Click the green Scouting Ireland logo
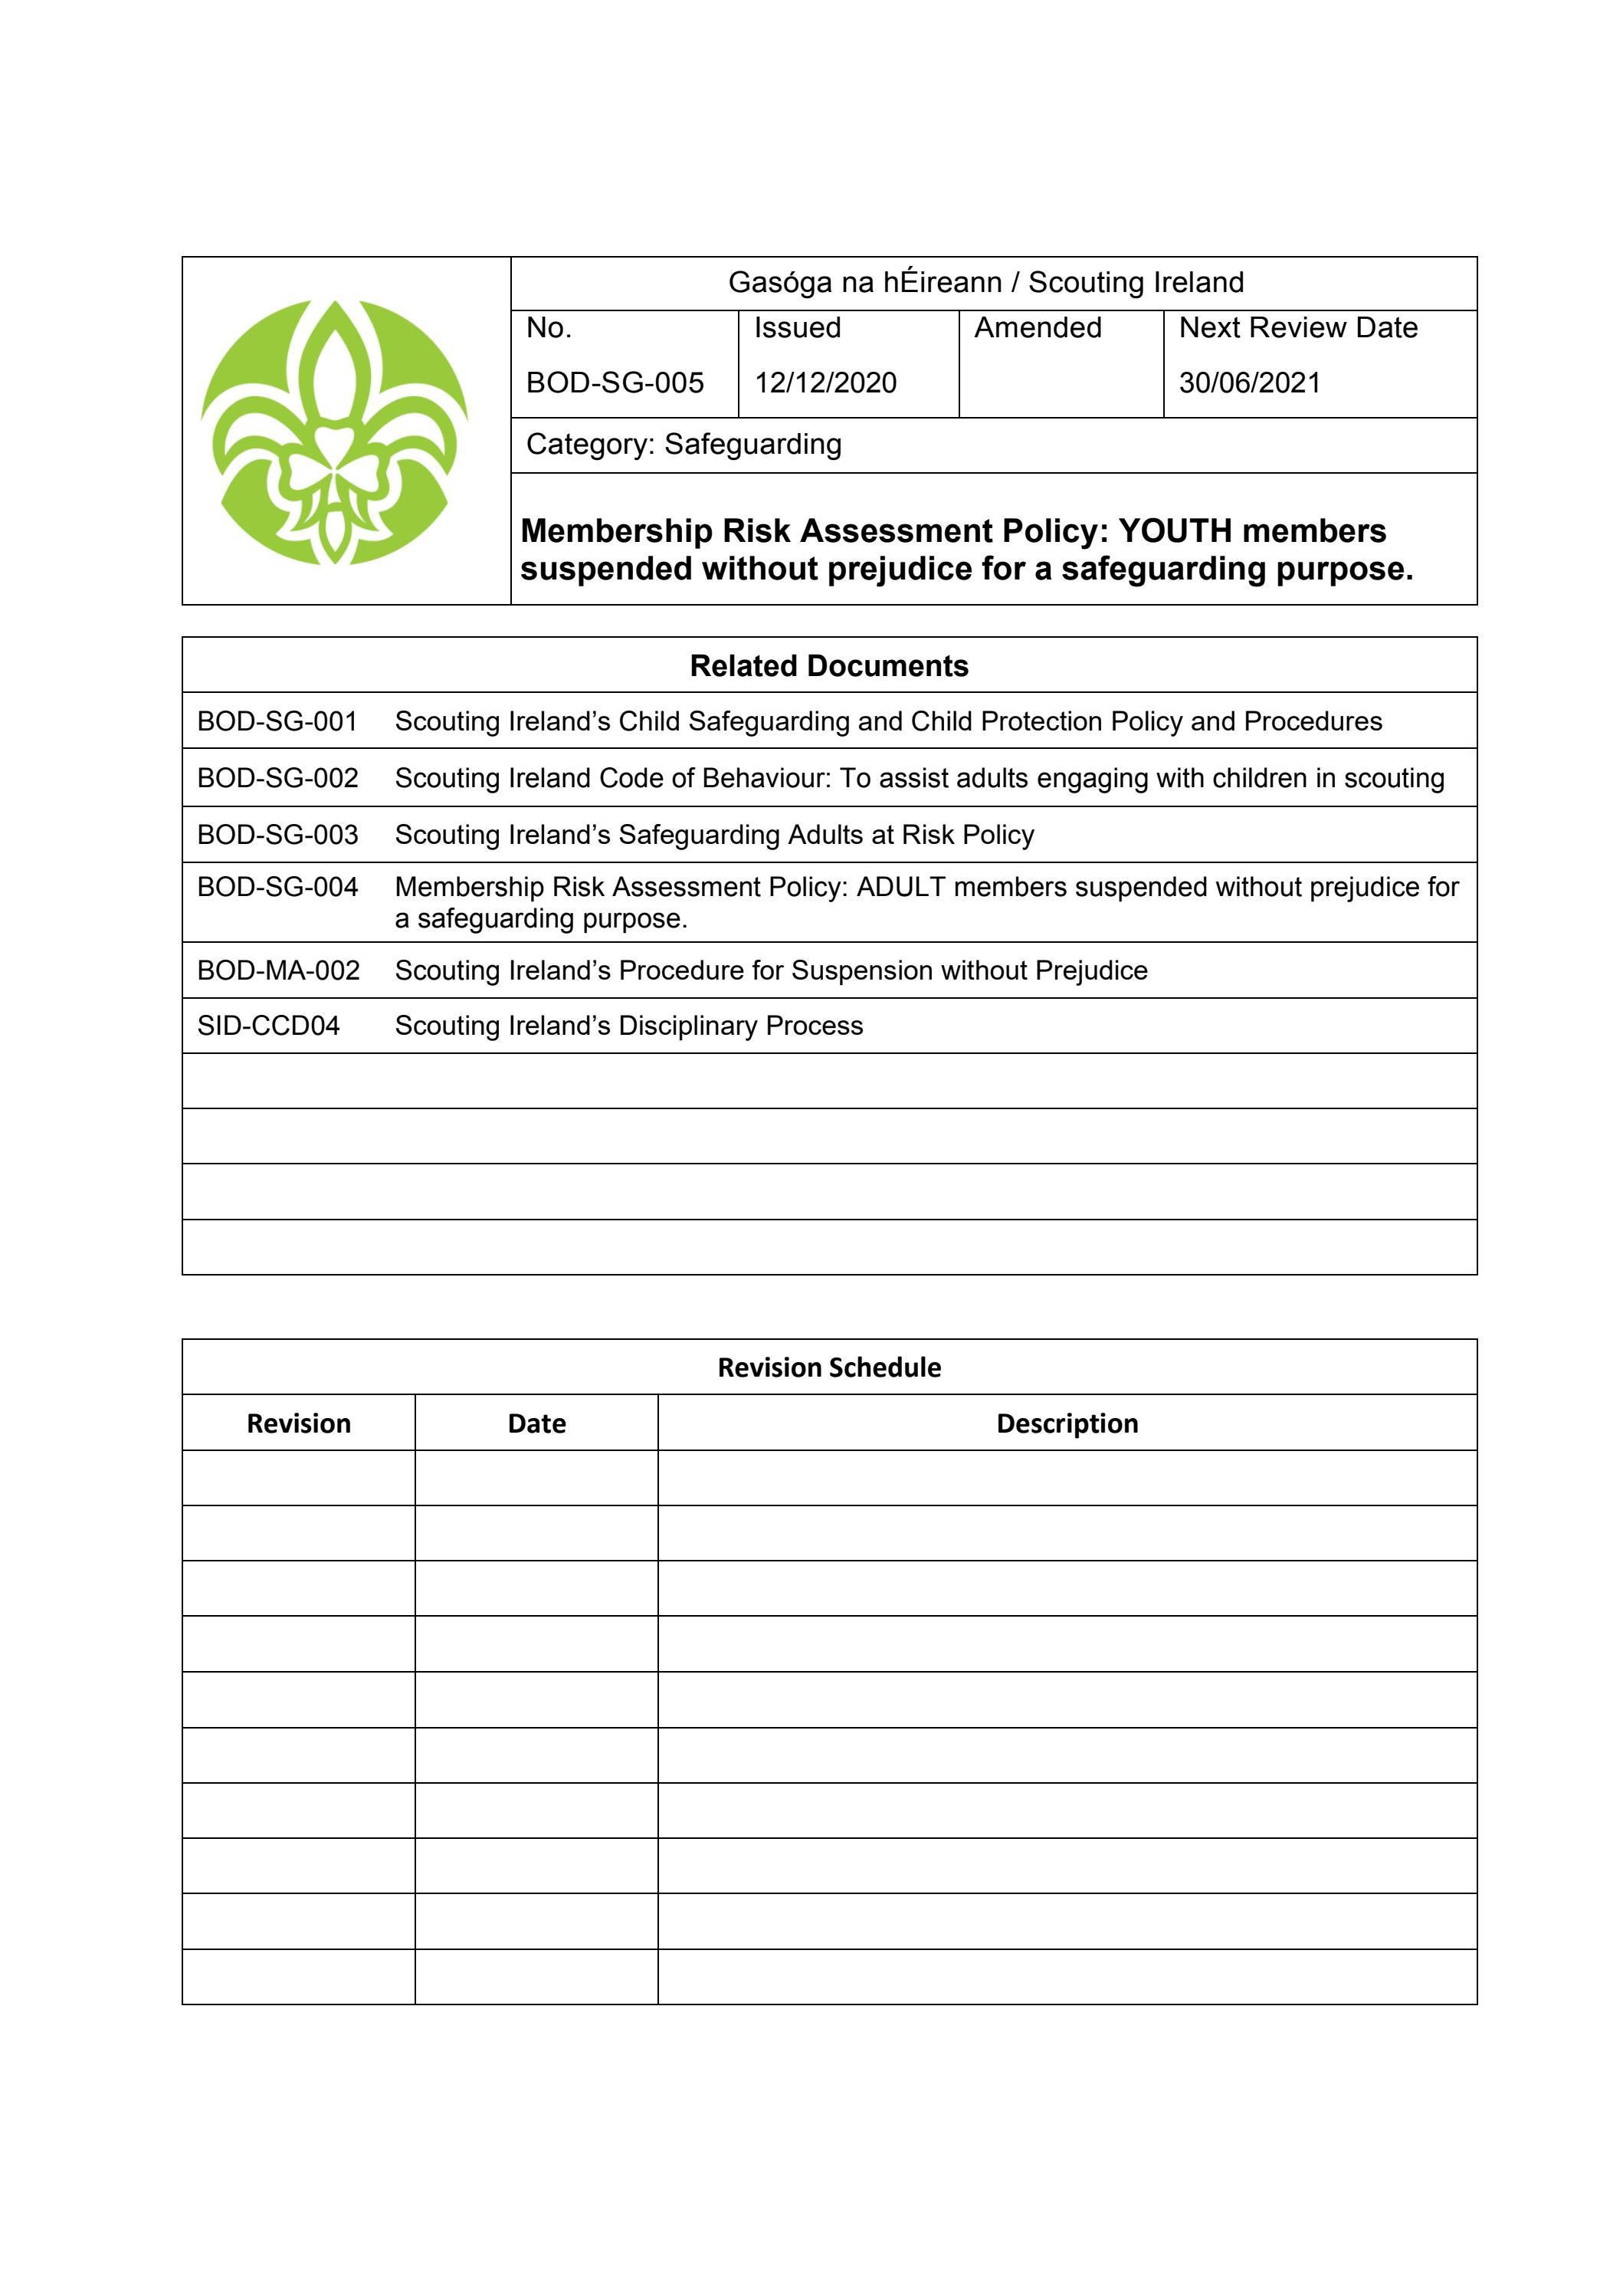pyautogui.click(x=335, y=432)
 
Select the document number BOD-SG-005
pyautogui.click(x=615, y=382)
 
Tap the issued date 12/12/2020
pyautogui.click(x=825, y=382)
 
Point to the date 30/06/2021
pyautogui.click(x=1249, y=382)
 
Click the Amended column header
pyautogui.click(x=1038, y=328)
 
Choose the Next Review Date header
pyautogui.click(x=1298, y=328)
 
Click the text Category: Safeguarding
pyautogui.click(x=684, y=444)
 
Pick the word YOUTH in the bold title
pyautogui.click(x=1175, y=530)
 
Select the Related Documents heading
pyautogui.click(x=828, y=665)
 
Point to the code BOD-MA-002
pyautogui.click(x=278, y=970)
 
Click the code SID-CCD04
pyautogui.click(x=268, y=1026)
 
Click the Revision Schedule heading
pyautogui.click(x=828, y=1367)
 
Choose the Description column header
pyautogui.click(x=1067, y=1423)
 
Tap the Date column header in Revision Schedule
pyautogui.click(x=536, y=1423)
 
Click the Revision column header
pyautogui.click(x=298, y=1423)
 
